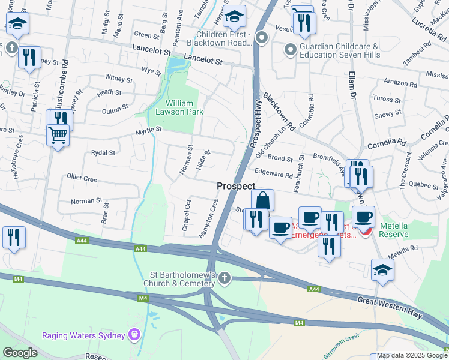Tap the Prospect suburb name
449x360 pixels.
236,187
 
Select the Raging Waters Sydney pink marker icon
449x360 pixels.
134,335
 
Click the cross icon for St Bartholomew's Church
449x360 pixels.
224,278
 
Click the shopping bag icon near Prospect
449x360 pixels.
262,200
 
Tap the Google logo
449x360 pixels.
20,353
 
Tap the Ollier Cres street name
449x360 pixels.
82,178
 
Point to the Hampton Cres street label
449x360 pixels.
212,217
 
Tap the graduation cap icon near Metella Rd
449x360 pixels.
382,270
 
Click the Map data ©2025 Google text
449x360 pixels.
411,355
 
